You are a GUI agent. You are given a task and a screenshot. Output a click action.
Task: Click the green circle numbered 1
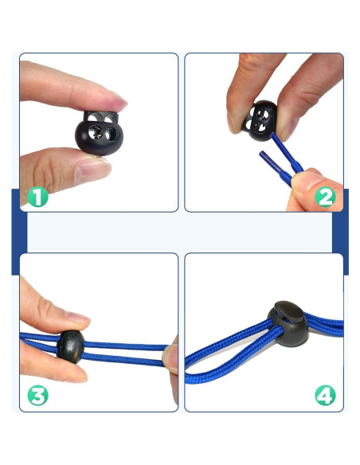coord(37,197)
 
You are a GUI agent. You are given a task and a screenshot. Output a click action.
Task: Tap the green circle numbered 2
coord(325,197)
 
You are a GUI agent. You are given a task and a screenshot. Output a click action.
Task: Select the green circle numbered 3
coord(37,395)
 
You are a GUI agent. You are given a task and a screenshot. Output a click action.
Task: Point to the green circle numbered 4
coord(325,395)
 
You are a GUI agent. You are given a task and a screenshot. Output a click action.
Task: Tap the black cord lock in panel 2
coord(260,120)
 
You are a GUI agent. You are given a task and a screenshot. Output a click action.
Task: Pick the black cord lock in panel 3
coord(71,346)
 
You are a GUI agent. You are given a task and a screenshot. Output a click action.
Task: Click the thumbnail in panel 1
coord(92,170)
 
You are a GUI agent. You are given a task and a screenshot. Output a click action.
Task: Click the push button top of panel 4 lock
coord(290,311)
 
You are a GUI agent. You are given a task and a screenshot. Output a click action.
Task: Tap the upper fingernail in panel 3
coord(78,318)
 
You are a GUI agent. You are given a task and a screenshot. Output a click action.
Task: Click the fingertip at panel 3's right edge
coord(170,359)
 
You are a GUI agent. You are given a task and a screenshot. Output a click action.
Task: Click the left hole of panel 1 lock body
coord(96,132)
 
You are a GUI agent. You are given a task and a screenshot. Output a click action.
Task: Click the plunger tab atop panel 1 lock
coord(101,117)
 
